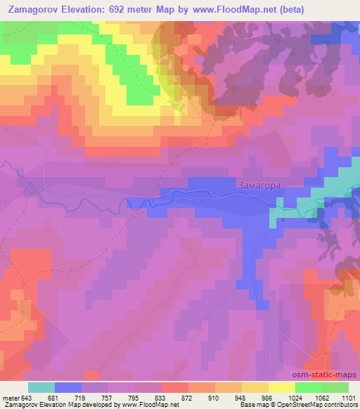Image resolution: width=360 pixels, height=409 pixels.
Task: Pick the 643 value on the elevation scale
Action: [27, 398]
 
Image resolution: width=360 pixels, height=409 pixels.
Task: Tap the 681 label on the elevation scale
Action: [54, 398]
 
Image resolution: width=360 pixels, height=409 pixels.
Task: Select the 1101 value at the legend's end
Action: [347, 398]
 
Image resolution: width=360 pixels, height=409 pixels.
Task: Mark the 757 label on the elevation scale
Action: [108, 398]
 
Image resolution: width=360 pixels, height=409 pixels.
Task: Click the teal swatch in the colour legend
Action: [41, 387]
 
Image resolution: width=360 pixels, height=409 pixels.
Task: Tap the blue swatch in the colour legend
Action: [67, 387]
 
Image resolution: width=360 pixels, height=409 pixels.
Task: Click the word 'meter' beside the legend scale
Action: [9, 398]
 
